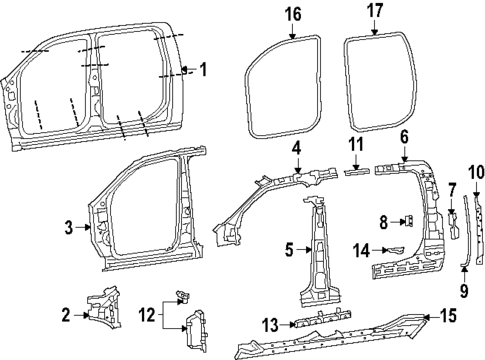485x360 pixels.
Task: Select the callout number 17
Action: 375,13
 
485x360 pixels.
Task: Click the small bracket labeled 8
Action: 407,222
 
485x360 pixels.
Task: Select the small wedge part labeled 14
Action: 396,249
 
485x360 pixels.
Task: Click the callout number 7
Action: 451,189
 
